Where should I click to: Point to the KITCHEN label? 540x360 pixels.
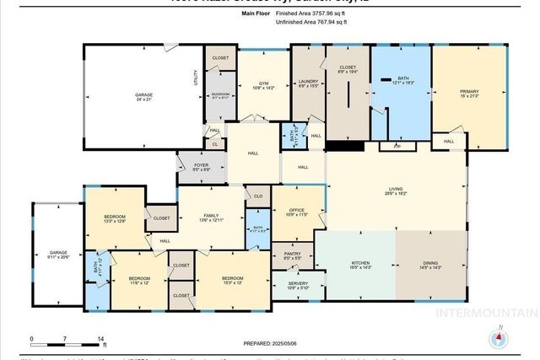tap(360, 263)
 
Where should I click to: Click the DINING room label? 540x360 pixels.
tap(430, 263)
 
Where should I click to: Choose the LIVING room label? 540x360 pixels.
tap(395, 191)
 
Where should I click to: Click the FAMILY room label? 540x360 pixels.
tap(211, 217)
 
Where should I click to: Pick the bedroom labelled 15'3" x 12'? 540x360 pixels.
tap(232, 278)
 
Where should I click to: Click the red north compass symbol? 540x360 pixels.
tap(499, 338)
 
